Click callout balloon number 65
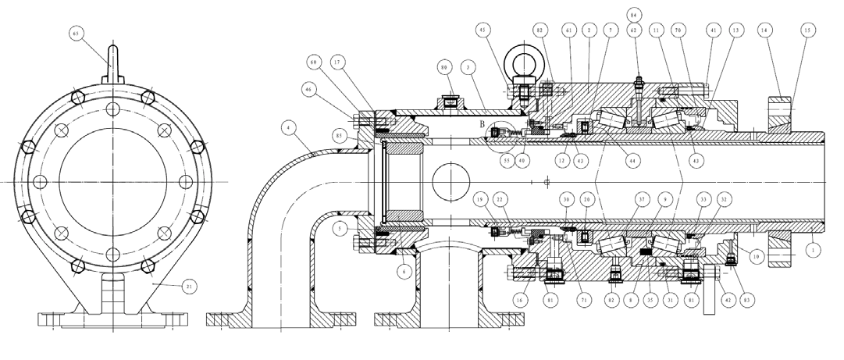point(76,34)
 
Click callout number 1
point(814,251)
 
